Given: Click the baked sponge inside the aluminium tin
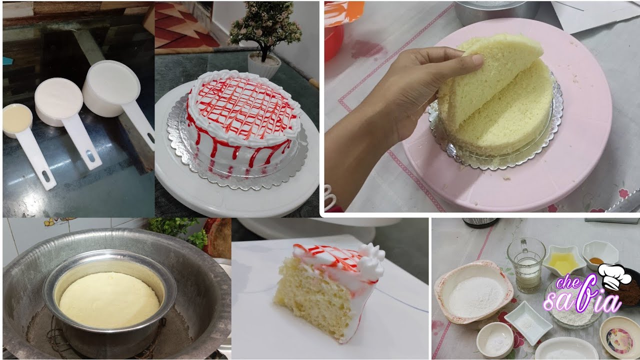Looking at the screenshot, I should click(x=109, y=299).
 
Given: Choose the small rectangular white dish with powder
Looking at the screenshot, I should click(x=527, y=322).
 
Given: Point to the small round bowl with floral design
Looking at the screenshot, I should click(x=620, y=337).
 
